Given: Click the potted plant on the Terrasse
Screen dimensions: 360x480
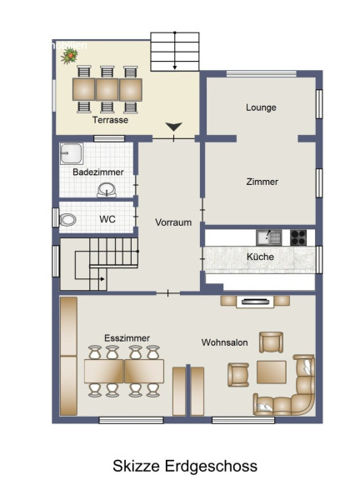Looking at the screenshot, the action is point(69,56).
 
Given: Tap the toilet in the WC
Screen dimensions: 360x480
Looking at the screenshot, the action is point(67,219).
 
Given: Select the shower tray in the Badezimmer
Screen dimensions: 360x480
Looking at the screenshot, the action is point(72,153).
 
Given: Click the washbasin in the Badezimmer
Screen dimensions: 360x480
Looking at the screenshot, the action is point(107,190).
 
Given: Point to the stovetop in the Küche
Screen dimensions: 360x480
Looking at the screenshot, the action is point(298,237).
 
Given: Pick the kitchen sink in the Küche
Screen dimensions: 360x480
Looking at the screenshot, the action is point(269,237).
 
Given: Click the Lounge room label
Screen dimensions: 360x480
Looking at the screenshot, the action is point(261,107).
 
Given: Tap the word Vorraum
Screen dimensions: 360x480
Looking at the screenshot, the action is point(173,222).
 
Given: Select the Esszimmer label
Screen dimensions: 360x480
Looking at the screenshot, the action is point(127,338).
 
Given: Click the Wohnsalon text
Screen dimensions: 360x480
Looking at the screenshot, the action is point(225,342).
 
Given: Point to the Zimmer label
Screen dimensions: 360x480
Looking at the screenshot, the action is point(262,182).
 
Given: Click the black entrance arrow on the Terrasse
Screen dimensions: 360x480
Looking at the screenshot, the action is point(174,127).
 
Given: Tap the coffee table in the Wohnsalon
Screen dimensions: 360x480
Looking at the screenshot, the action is point(272,372).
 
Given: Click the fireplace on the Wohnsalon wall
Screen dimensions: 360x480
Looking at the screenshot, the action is point(255,302).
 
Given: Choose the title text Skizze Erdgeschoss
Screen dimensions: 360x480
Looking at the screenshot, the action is point(185,466).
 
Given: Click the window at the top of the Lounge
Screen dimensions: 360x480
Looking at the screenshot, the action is point(262,74).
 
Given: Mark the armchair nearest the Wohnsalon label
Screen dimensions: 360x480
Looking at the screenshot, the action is point(271,342).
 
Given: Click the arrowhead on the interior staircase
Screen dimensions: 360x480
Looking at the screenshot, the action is point(102,279).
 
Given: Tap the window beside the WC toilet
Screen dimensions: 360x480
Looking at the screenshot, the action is point(55,217).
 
